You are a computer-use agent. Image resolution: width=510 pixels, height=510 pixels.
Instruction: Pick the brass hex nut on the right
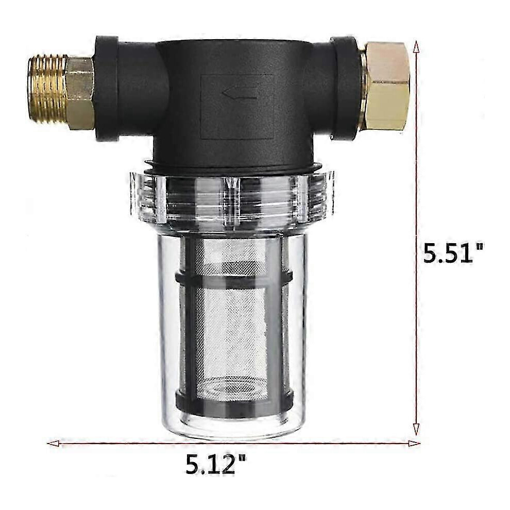386,87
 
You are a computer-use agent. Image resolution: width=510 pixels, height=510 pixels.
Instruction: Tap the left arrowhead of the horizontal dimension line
54,443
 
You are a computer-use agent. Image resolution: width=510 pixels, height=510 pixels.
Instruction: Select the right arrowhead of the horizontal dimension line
414,443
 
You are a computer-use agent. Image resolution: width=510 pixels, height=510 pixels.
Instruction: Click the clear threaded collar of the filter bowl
232,198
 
